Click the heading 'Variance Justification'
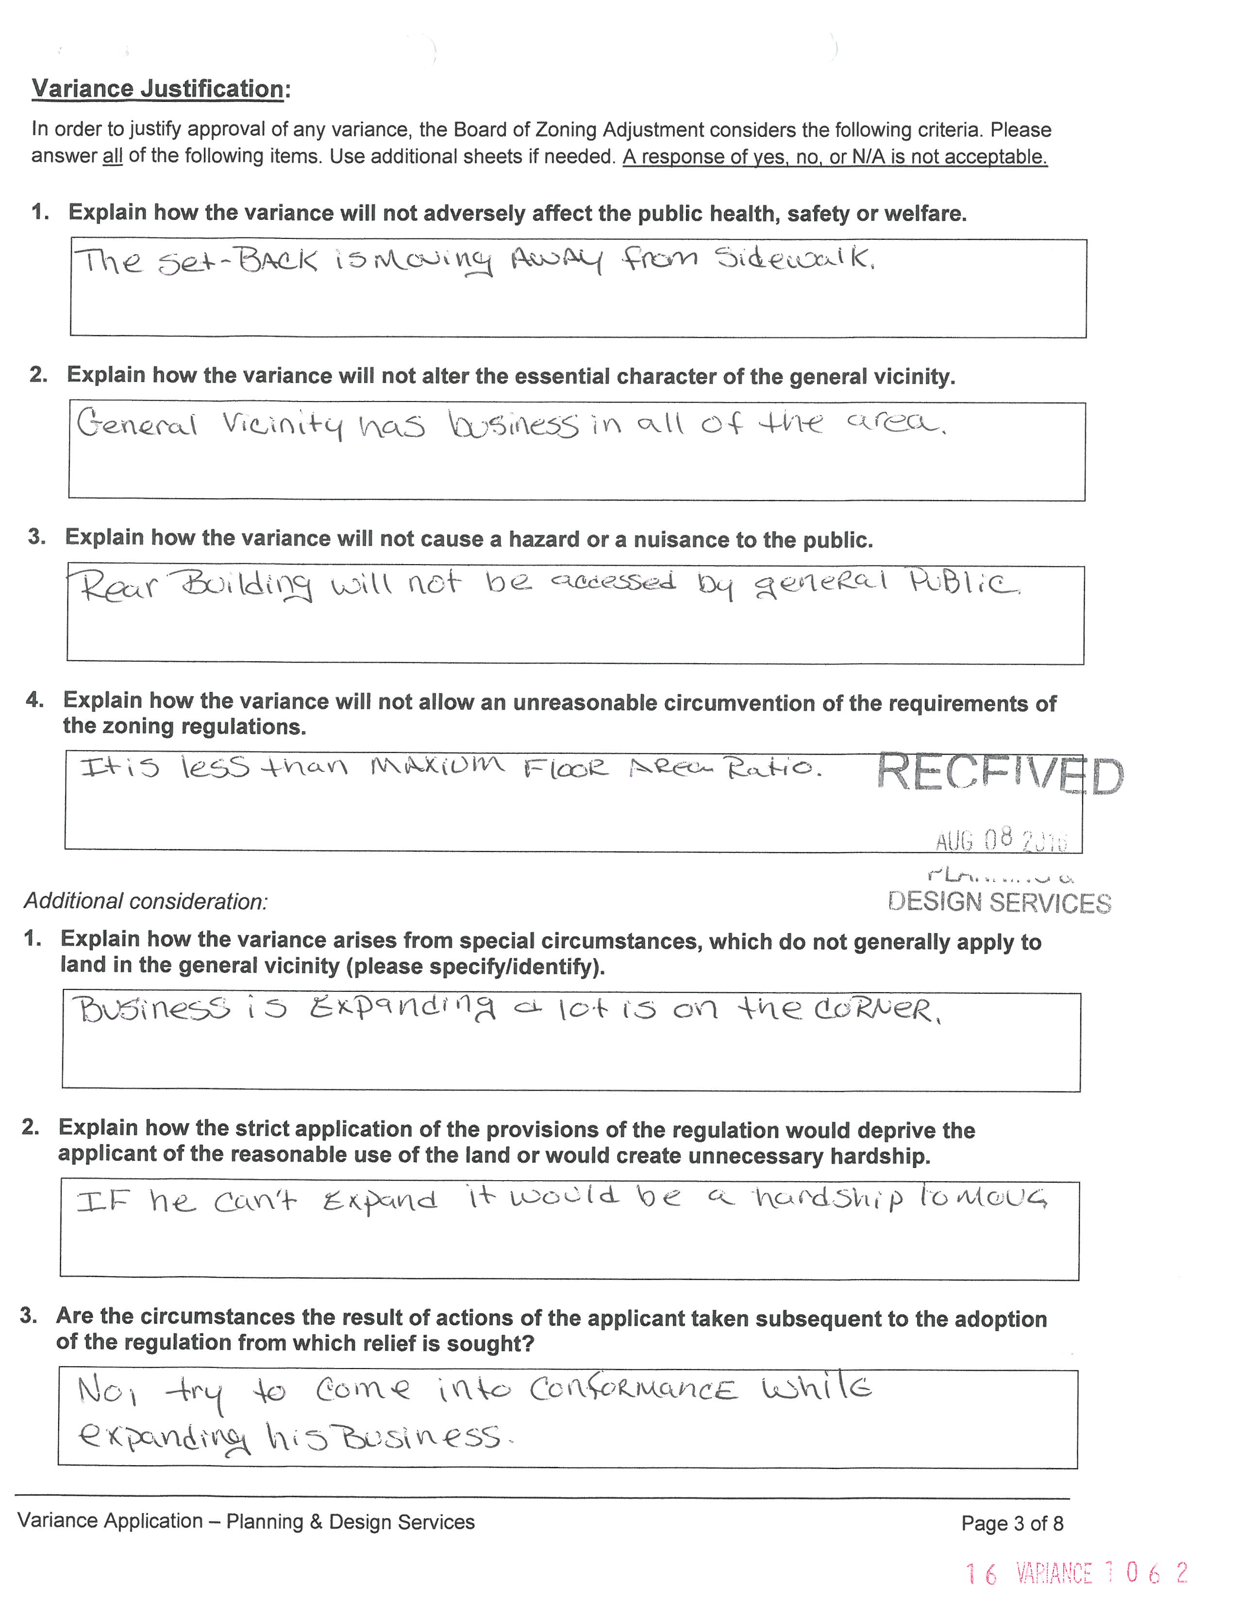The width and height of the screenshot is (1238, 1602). [158, 89]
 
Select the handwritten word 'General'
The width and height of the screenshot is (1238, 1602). [137, 424]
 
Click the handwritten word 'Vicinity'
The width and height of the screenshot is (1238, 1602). [283, 425]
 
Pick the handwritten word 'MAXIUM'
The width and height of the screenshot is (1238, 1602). [437, 767]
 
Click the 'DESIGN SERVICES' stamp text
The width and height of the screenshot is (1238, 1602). [999, 902]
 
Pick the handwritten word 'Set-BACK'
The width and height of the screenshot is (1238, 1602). [237, 262]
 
